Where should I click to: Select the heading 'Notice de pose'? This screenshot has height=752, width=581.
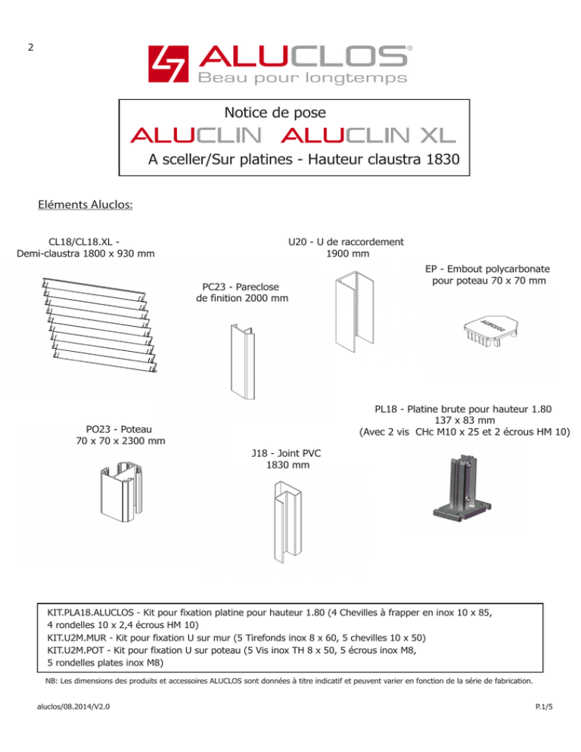tap(275, 113)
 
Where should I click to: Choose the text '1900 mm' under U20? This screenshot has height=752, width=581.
tap(347, 253)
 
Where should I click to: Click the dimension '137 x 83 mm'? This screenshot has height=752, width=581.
tap(464, 421)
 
